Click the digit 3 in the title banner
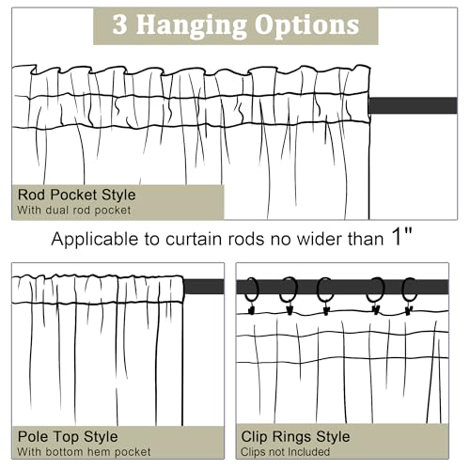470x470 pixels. pyautogui.click(x=120, y=24)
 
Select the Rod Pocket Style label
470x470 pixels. pyautogui.click(x=77, y=195)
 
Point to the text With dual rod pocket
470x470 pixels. pyautogui.click(x=74, y=211)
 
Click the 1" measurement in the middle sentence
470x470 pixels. pyautogui.click(x=402, y=237)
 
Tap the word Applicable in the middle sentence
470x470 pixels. pyautogui.click(x=95, y=240)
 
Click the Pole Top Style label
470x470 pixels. pyautogui.click(x=68, y=437)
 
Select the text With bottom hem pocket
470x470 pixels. pyautogui.click(x=84, y=452)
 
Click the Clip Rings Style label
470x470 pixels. pyautogui.click(x=295, y=437)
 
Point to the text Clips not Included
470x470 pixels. pyautogui.click(x=285, y=452)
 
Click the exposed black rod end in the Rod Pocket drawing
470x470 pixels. pyautogui.click(x=413, y=105)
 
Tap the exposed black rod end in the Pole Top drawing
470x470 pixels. pyautogui.click(x=204, y=287)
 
